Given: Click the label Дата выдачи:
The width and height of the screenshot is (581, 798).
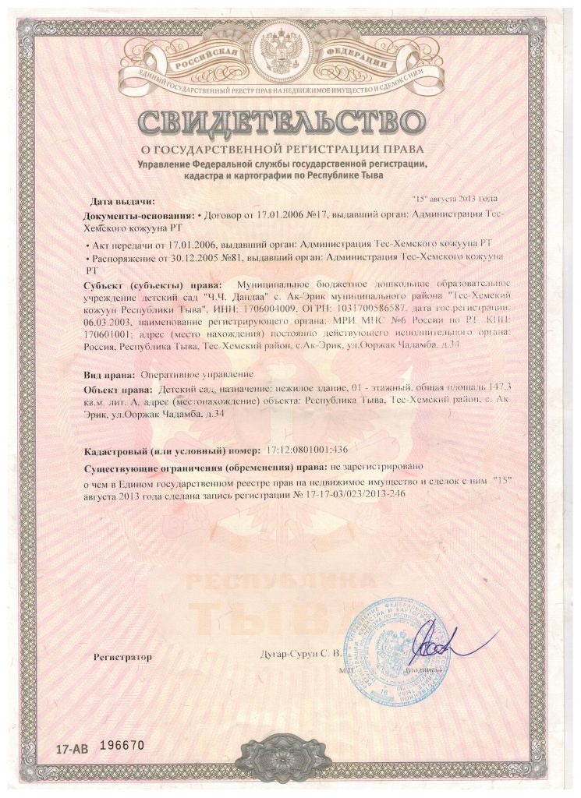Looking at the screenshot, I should [x=119, y=202].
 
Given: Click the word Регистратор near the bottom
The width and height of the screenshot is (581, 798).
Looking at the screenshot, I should [x=122, y=657].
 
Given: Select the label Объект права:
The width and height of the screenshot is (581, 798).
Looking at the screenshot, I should [x=116, y=387].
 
